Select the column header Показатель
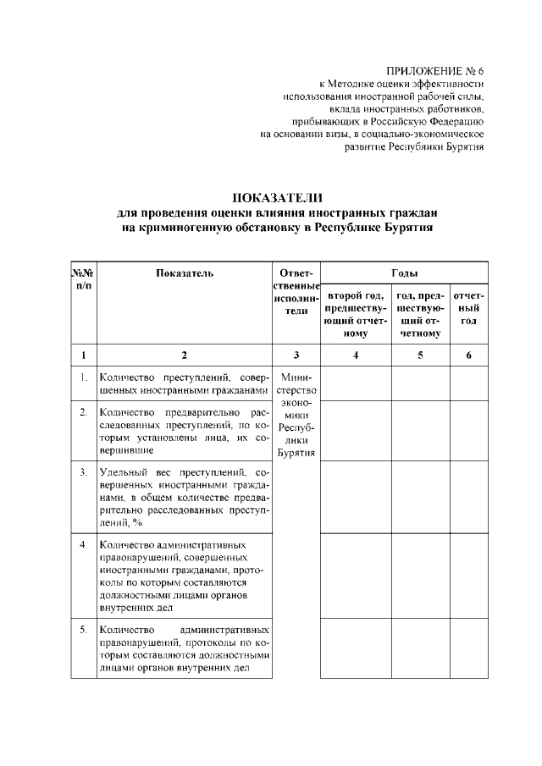tap(185, 273)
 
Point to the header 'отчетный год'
tap(468, 308)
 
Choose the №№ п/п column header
tap(82, 278)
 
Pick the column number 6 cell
tap(468, 355)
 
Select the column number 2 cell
tap(185, 355)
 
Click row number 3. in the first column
tap(83, 471)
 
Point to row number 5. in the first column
tap(83, 630)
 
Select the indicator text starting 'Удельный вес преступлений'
tap(184, 497)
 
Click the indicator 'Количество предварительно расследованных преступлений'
tap(184, 431)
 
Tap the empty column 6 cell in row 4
tap(468, 576)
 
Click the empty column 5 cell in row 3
tap(420, 497)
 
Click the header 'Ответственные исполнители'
tap(296, 292)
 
